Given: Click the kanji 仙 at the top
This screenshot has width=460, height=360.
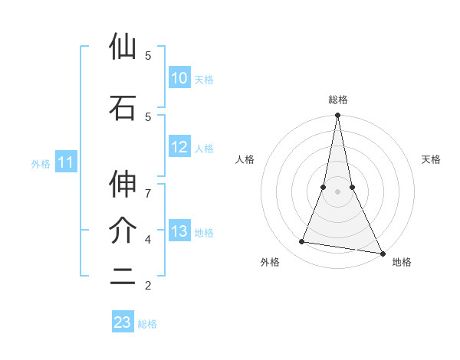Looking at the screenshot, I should (x=123, y=47).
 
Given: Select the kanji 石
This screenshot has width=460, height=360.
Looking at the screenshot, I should (x=123, y=108).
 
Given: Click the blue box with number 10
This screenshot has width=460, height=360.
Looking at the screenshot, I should (x=179, y=78).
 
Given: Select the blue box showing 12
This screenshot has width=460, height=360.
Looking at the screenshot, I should (x=179, y=148).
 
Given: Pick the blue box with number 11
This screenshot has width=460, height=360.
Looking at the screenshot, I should (x=65, y=162).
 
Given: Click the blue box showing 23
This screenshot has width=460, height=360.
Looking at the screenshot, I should (x=123, y=322).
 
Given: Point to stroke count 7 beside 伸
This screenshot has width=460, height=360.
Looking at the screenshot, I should (x=147, y=185).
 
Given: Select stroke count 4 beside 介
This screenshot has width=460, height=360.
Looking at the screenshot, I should (x=147, y=239).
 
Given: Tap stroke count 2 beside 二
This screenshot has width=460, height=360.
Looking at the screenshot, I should (x=147, y=286).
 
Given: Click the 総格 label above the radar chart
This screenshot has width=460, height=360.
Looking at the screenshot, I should (x=338, y=100).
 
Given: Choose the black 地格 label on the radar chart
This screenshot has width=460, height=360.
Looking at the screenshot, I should (x=402, y=262).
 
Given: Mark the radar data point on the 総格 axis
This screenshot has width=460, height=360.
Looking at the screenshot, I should (x=337, y=116).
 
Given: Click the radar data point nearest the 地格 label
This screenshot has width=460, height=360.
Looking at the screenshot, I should (x=382, y=253).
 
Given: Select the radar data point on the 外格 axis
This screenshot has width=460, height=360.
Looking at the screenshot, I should (x=302, y=242).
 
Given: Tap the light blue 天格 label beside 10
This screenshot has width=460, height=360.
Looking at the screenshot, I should (x=204, y=79).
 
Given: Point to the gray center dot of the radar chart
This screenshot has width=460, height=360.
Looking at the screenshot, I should (x=337, y=191).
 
